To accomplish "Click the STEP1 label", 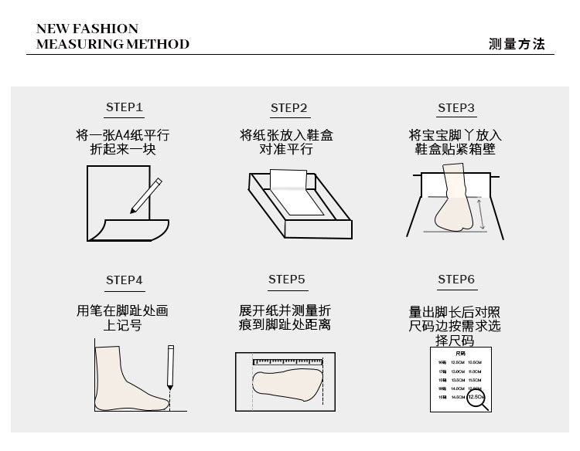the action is (124, 107).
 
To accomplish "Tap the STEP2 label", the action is (289, 108).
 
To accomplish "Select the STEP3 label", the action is (455, 108).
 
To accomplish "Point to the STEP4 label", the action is (124, 280).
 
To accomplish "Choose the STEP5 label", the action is (287, 279).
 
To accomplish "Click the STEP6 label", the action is (455, 280).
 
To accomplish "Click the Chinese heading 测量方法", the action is (517, 44).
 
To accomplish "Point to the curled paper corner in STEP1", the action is (107, 227).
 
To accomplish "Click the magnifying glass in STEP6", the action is (478, 400).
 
